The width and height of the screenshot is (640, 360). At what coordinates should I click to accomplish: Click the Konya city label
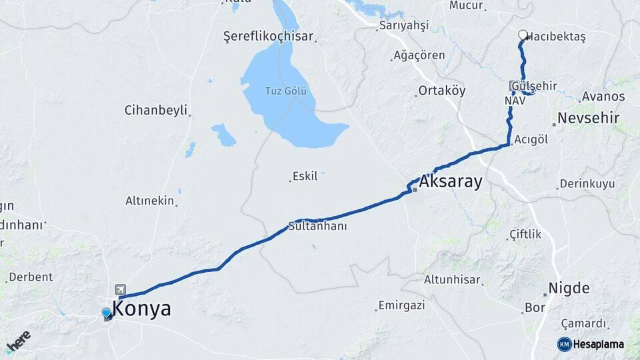pos(142,309)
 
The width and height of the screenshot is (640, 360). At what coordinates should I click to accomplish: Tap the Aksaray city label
pos(451,182)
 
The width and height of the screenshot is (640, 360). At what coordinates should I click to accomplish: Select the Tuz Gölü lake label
pos(286,91)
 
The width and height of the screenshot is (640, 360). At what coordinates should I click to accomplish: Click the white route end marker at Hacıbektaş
pos(523,35)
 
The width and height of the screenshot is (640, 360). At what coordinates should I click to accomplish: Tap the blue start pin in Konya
pos(107,313)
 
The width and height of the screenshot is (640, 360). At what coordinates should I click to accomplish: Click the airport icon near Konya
pos(121,289)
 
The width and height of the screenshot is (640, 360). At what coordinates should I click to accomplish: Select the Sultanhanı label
pos(317,227)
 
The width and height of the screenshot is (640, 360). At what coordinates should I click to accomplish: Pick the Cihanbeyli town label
pos(156,110)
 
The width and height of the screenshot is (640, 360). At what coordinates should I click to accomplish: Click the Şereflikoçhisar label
pos(268,37)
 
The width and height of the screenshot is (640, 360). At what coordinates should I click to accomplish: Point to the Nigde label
pos(569,289)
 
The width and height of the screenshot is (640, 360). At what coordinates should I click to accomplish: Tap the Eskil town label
pos(305,177)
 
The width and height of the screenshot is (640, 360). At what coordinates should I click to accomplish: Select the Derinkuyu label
pos(587,183)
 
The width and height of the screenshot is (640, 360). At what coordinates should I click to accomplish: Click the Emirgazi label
pos(401,305)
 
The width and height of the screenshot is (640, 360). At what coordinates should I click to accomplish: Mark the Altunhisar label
pos(452,280)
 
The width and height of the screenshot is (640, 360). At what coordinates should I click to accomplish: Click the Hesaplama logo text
pos(599,344)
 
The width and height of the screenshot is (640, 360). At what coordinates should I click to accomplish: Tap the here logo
pos(18,341)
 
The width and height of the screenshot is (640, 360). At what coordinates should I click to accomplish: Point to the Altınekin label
pos(150,200)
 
